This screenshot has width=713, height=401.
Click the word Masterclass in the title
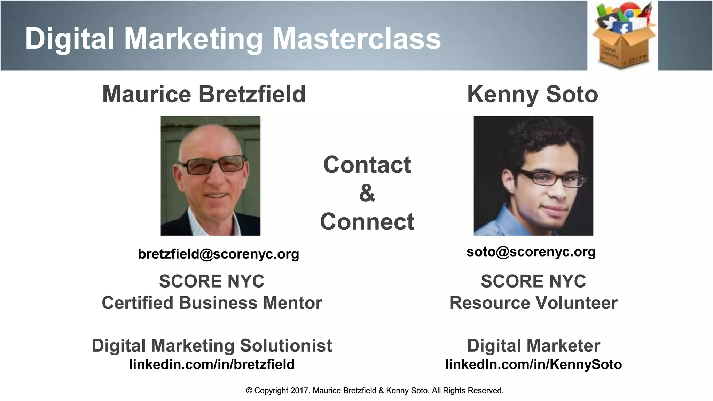click(356, 38)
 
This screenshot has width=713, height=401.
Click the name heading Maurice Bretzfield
click(204, 94)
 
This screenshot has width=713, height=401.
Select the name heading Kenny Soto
click(532, 94)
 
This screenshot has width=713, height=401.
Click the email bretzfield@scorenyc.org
click(218, 254)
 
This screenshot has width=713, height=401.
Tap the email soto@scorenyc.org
click(531, 251)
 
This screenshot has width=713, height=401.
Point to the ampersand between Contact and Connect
click(367, 193)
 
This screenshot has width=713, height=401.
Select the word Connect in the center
click(367, 221)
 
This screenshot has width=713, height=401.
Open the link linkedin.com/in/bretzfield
click(212, 364)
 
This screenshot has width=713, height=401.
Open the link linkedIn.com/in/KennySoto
click(533, 364)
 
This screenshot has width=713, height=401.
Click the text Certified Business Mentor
click(212, 303)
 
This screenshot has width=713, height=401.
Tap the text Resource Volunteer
click(533, 303)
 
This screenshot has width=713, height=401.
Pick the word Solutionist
click(286, 345)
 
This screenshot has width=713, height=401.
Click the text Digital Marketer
click(533, 345)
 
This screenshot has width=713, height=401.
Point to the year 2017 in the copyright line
click(300, 391)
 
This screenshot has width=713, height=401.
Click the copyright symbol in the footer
click(249, 391)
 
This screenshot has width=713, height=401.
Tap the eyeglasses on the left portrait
click(213, 166)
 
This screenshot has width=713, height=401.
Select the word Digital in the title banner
click(70, 38)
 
